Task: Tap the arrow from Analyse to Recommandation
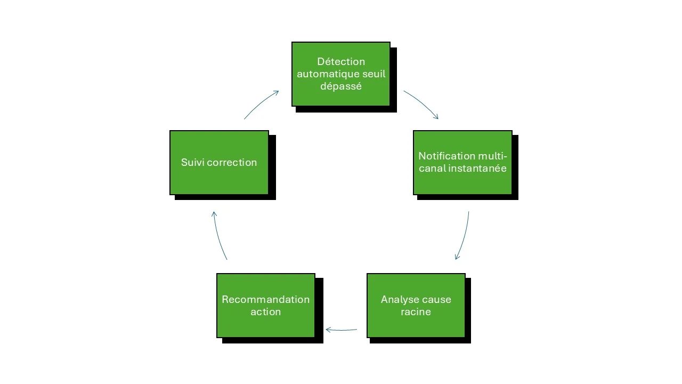coord(341,330)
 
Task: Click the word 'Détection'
coord(341,62)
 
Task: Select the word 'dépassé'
coord(341,86)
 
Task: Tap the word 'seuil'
coord(373,74)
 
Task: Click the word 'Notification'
coord(446,156)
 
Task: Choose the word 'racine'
coord(416,311)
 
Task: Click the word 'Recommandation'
coord(265,299)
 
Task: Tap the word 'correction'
coord(232,163)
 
